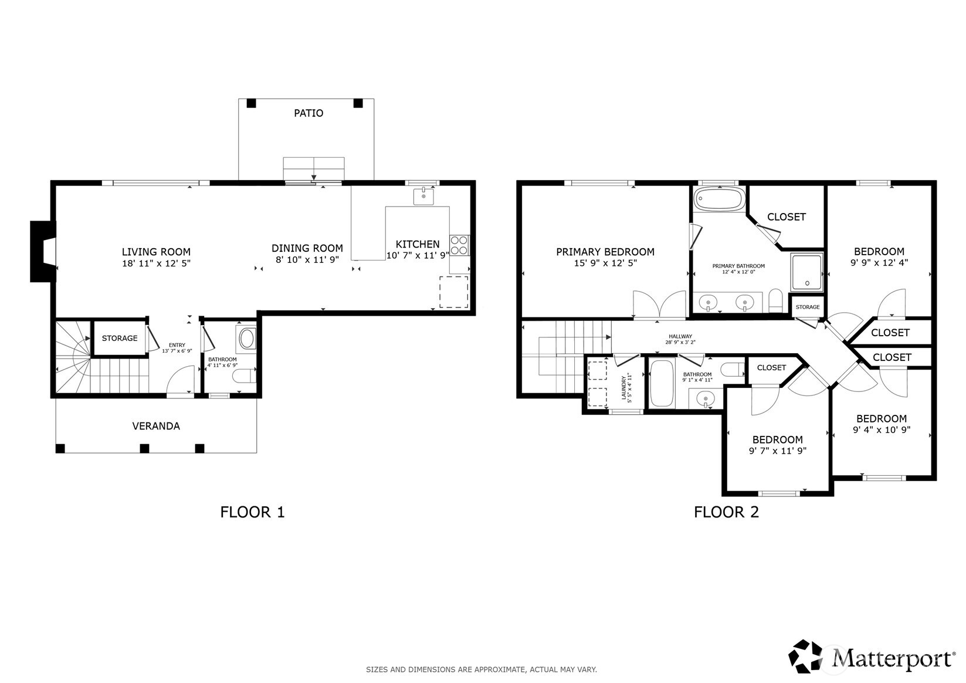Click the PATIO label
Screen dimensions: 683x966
308,113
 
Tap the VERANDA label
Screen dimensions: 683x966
155,426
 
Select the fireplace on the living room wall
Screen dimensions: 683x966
42,251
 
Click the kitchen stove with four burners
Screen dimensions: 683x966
459,245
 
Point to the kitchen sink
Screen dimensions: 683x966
423,197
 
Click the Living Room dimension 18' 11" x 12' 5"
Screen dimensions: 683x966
156,263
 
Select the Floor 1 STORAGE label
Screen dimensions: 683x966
120,338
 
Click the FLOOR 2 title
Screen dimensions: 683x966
726,512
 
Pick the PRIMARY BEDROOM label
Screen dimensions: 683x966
605,252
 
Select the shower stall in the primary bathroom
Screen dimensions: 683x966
807,272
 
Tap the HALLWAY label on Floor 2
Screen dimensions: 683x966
680,337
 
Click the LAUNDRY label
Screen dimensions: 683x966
625,387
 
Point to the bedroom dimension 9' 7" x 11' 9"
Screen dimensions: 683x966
777,451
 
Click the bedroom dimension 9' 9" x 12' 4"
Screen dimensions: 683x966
879,263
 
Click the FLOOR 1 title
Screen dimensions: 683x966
252,512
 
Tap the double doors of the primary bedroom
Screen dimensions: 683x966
660,305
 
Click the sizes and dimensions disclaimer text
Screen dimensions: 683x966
481,669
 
